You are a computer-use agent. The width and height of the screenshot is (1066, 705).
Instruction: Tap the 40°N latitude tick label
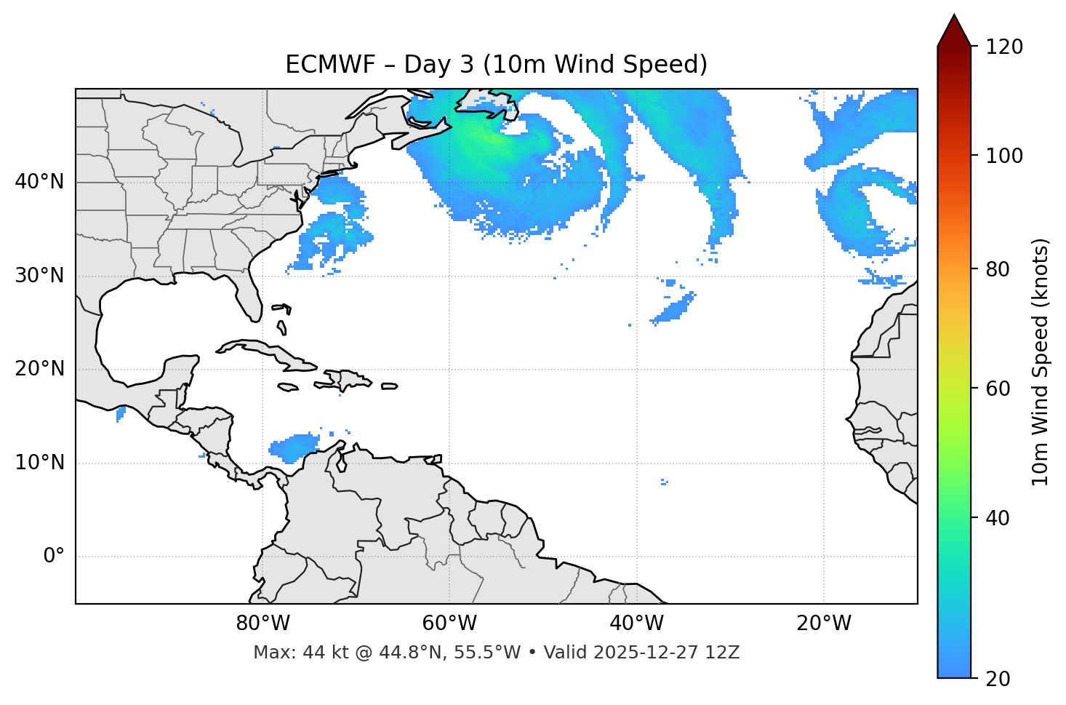(39, 182)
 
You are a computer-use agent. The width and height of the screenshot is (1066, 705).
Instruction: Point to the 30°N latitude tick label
(39, 276)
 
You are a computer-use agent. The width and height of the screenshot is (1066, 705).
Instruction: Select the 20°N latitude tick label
(39, 369)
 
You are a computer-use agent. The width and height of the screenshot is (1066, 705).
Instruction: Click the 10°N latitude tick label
(39, 463)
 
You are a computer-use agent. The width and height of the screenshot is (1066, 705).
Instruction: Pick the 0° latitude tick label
(53, 557)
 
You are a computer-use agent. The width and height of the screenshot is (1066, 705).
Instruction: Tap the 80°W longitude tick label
(263, 624)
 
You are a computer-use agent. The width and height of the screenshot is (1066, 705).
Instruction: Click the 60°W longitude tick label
(449, 624)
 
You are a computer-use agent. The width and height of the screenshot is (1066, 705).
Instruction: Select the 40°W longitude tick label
(636, 624)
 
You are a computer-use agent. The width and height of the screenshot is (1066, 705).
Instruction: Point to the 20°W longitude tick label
(824, 624)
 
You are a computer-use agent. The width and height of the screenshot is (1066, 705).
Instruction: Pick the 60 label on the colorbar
(998, 389)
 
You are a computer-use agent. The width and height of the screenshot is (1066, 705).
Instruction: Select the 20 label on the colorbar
(998, 679)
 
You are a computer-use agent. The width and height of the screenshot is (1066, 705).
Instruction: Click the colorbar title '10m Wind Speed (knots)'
(1041, 362)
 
